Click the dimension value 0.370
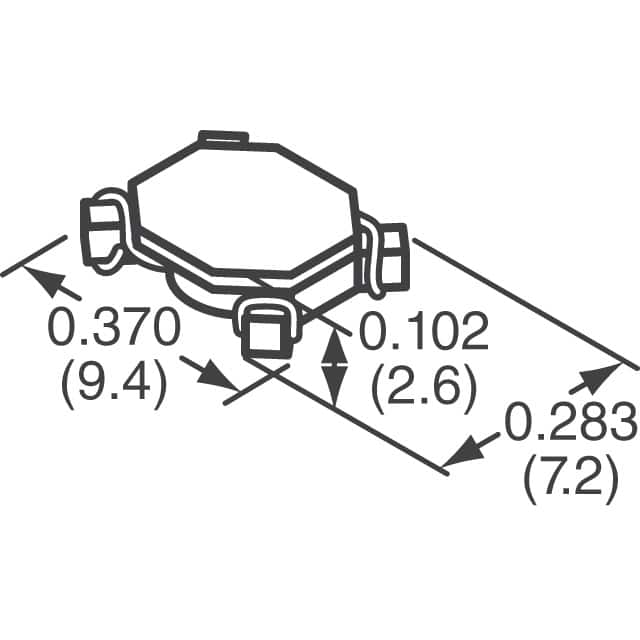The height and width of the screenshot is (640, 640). tap(113, 329)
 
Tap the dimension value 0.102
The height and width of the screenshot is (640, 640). tap(423, 330)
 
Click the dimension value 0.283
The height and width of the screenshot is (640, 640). tap(571, 424)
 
